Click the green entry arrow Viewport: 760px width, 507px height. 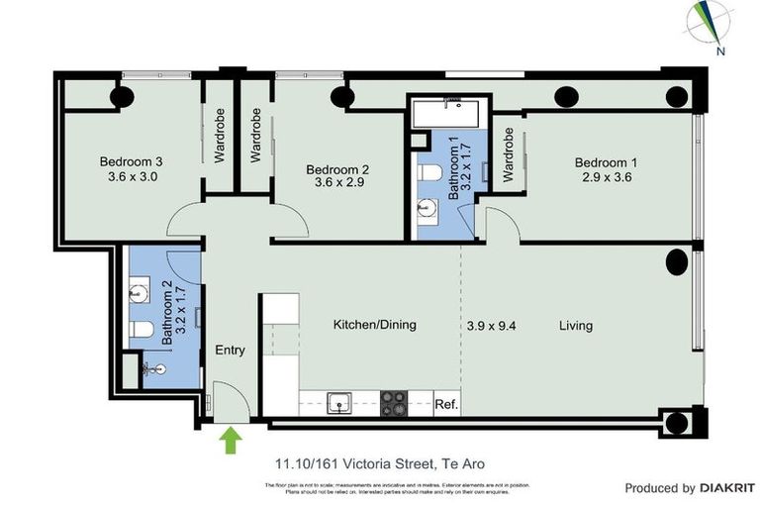(x=232, y=439)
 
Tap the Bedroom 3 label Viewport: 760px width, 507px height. (x=131, y=162)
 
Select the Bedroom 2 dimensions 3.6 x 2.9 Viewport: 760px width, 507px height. (x=337, y=182)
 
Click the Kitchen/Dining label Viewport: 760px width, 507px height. (x=374, y=325)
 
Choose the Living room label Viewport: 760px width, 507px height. (x=576, y=325)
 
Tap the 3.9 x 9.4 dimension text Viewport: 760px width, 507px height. (x=492, y=325)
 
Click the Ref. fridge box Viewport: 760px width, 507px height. (x=446, y=404)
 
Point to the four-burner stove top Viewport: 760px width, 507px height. (x=395, y=402)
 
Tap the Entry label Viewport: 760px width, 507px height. (x=231, y=350)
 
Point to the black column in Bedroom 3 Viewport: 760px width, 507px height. (x=123, y=96)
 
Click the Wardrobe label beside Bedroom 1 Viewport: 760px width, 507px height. (x=509, y=155)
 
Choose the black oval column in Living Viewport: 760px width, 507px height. (x=677, y=262)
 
